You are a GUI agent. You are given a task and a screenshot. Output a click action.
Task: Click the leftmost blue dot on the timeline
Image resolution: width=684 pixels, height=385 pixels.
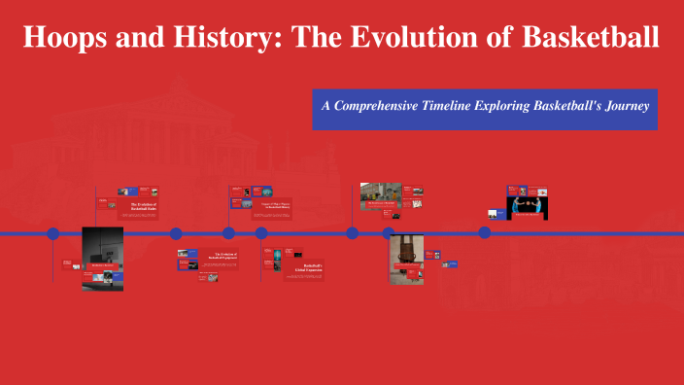coord(52,233)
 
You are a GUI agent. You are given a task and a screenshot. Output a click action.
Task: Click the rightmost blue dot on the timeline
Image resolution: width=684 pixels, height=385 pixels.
coord(484,233)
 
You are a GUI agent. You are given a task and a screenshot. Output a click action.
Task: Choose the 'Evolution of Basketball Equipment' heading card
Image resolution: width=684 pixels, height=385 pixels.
coord(222,257)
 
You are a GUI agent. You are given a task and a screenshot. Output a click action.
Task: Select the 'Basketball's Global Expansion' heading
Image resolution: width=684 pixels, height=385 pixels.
coord(307,268)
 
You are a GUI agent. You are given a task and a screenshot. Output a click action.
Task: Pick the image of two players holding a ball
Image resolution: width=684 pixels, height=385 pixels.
coord(527,205)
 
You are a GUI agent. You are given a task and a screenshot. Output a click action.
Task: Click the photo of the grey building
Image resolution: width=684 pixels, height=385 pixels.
coord(380,195)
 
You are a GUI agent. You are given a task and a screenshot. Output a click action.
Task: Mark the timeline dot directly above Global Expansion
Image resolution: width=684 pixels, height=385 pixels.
coord(261,233)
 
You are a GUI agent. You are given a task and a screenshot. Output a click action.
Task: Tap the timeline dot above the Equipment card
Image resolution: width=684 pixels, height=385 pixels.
coord(176,233)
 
